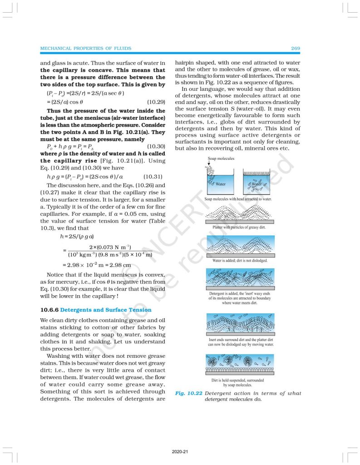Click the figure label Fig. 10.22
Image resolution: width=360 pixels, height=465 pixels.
click(x=188, y=393)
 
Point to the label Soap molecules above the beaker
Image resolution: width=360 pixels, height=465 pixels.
click(x=221, y=158)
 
